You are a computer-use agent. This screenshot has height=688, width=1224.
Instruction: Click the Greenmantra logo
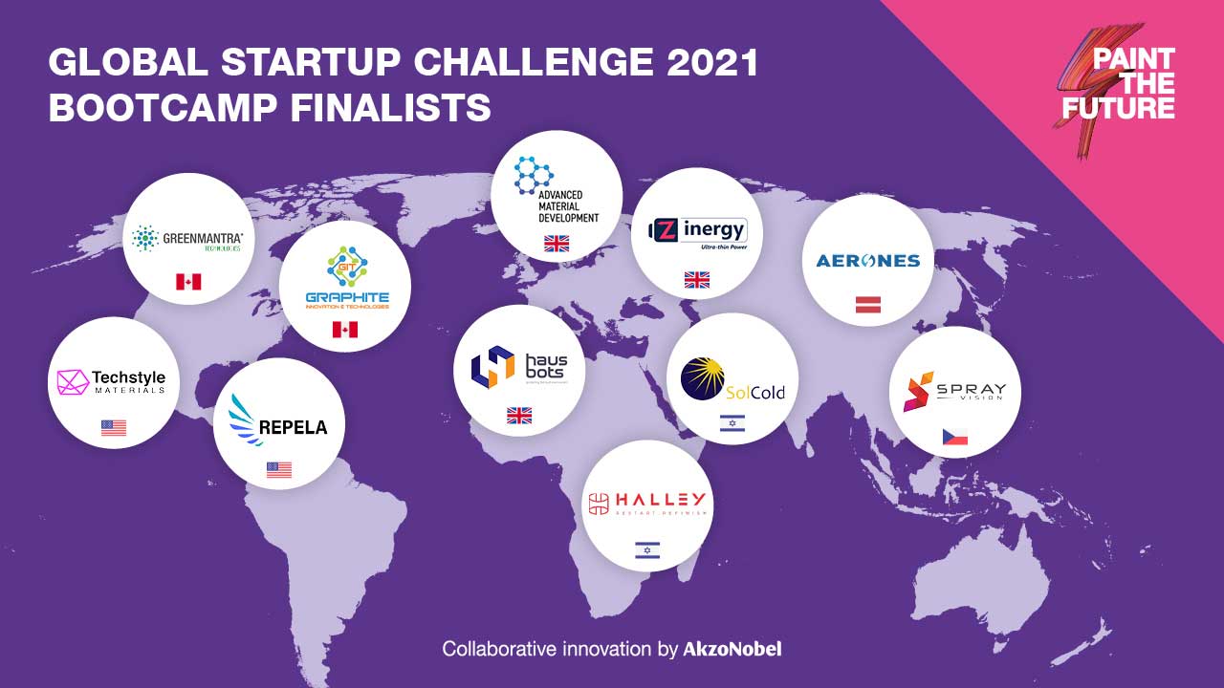[187, 237]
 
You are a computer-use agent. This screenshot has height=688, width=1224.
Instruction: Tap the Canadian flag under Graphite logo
[344, 330]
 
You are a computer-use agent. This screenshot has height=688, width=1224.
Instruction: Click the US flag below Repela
[279, 469]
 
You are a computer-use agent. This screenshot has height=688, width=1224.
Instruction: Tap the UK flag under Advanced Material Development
[557, 244]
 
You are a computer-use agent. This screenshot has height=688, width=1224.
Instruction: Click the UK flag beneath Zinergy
[697, 280]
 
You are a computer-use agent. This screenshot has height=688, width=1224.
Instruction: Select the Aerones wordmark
[867, 261]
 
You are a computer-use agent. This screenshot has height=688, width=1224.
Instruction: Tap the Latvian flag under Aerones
[868, 305]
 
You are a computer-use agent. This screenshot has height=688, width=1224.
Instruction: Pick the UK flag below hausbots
[519, 416]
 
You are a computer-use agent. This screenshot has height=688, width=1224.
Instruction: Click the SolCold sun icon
[703, 379]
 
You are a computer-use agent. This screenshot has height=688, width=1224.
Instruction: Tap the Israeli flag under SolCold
[732, 424]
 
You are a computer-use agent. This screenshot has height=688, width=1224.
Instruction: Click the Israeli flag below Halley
[647, 550]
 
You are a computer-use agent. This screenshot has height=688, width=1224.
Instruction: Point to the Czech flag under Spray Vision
[954, 438]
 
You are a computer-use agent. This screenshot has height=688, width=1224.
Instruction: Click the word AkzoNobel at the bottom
[732, 649]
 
